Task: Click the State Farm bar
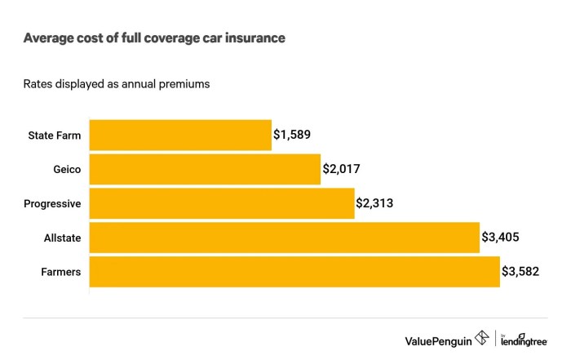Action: (179, 136)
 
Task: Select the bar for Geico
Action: (204, 170)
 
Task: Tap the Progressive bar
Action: (221, 204)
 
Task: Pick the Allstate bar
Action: (284, 238)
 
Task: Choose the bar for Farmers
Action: (294, 272)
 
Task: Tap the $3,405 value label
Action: (500, 238)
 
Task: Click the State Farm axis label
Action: (55, 136)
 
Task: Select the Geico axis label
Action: (65, 170)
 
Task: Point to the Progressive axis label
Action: (52, 204)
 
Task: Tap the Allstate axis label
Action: (63, 238)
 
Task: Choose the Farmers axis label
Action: (61, 272)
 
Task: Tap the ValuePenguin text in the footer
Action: (438, 339)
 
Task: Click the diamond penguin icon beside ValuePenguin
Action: (482, 338)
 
